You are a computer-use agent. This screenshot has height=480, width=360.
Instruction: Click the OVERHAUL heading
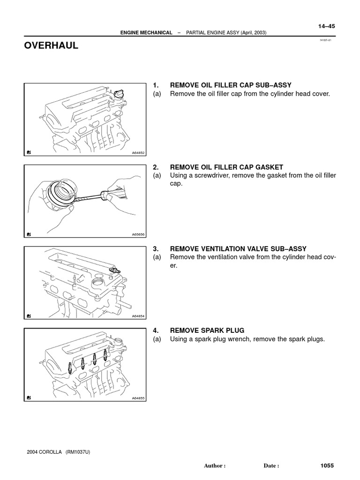click(x=52, y=46)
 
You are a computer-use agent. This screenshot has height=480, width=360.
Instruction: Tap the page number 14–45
click(x=326, y=26)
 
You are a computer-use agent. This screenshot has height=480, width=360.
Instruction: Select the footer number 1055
click(x=327, y=465)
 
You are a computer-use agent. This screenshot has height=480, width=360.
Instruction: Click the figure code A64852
click(x=138, y=152)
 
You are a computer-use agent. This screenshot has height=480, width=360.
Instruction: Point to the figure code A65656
click(x=138, y=234)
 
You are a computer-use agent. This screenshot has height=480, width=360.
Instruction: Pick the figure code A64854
click(x=138, y=316)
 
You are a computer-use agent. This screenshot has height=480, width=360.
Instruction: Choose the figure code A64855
click(x=138, y=398)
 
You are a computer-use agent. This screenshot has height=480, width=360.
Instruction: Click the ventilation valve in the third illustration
click(x=113, y=270)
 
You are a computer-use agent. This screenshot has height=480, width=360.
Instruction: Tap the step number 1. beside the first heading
click(x=156, y=85)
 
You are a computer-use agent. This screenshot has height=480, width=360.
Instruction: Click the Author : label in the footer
click(x=215, y=466)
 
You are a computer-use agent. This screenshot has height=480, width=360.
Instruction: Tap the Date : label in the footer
click(x=271, y=466)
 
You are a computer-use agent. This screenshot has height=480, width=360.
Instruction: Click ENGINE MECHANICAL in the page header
click(x=146, y=33)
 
